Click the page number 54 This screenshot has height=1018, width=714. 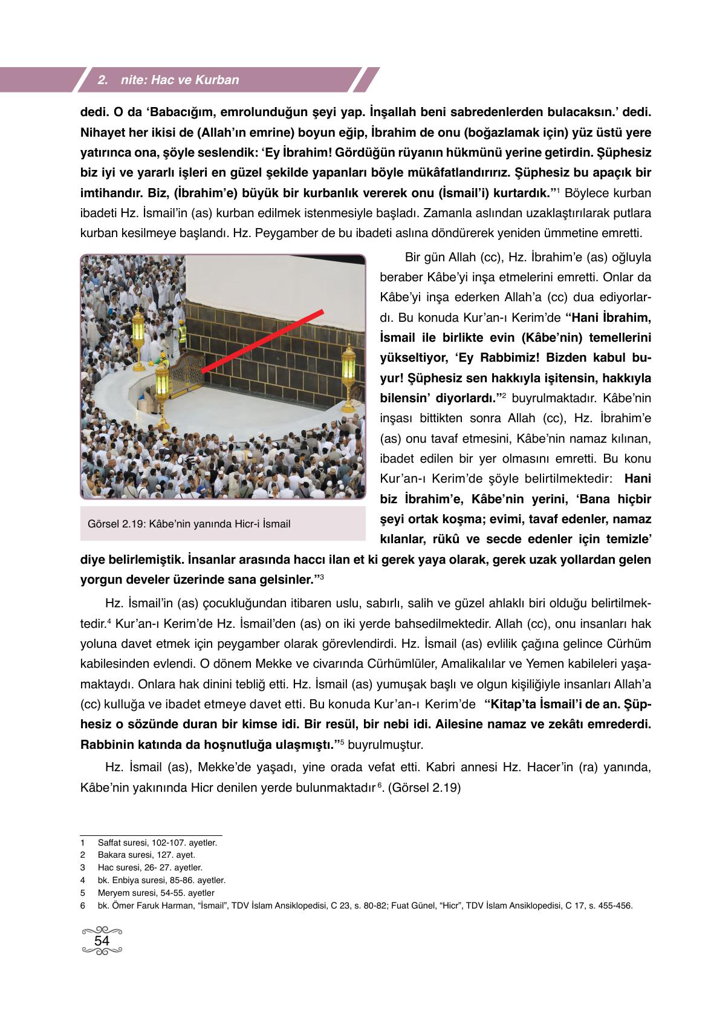[102, 941]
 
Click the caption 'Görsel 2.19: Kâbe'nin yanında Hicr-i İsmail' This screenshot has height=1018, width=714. [189, 524]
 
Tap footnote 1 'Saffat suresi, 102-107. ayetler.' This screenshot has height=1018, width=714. [157, 842]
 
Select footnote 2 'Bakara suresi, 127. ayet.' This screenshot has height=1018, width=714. [146, 855]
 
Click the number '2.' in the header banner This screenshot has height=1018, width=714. [102, 80]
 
